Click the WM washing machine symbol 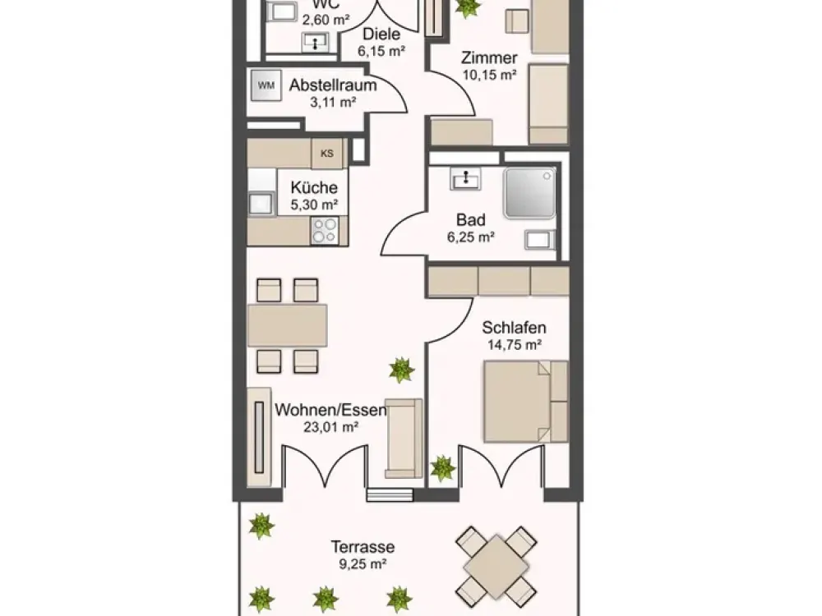[266, 85]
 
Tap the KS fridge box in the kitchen [327, 154]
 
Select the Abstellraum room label [333, 85]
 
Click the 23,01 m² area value [330, 427]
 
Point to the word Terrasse [363, 547]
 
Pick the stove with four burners [325, 231]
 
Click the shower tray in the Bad [529, 193]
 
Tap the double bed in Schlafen [526, 402]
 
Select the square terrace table [496, 563]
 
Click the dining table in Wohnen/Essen [287, 325]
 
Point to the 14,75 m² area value [515, 345]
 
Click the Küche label [314, 187]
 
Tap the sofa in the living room [404, 439]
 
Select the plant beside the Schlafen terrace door [443, 468]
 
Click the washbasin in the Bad [465, 178]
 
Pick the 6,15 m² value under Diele [381, 51]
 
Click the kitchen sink [261, 203]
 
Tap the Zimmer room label [489, 57]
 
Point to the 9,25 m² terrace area [363, 564]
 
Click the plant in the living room [402, 370]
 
